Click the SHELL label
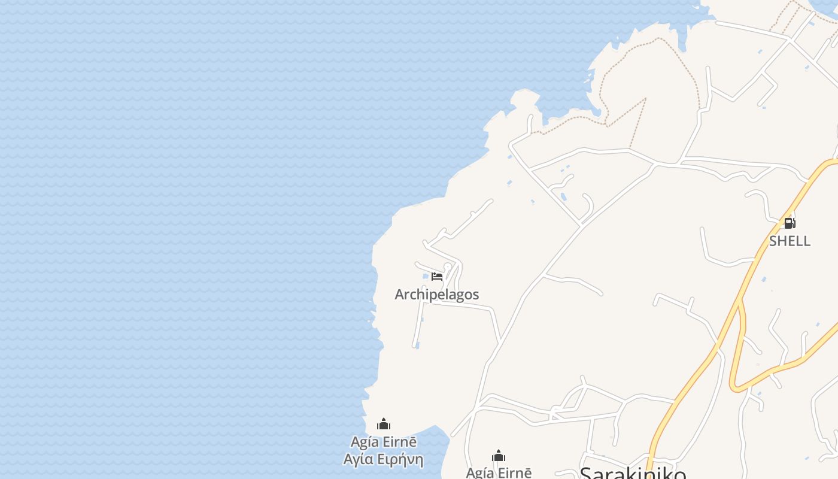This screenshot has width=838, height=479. pos(790,241)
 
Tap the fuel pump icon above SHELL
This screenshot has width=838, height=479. pos(790,223)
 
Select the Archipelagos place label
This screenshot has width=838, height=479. pos(437,295)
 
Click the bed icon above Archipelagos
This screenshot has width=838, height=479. pos(437,276)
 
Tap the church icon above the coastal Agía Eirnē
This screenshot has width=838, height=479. pos(384,425)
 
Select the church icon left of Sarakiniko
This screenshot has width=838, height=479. pos(499,456)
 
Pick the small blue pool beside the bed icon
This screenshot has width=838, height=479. pos(426,277)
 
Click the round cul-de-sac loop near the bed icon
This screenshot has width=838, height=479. pos(448,266)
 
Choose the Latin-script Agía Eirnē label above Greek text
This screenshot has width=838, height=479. pos(383,442)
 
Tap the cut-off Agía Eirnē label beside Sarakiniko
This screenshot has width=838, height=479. pos(499,473)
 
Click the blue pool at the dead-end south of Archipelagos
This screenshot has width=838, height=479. pos(417,345)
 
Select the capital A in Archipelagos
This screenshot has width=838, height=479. pos(400,295)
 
